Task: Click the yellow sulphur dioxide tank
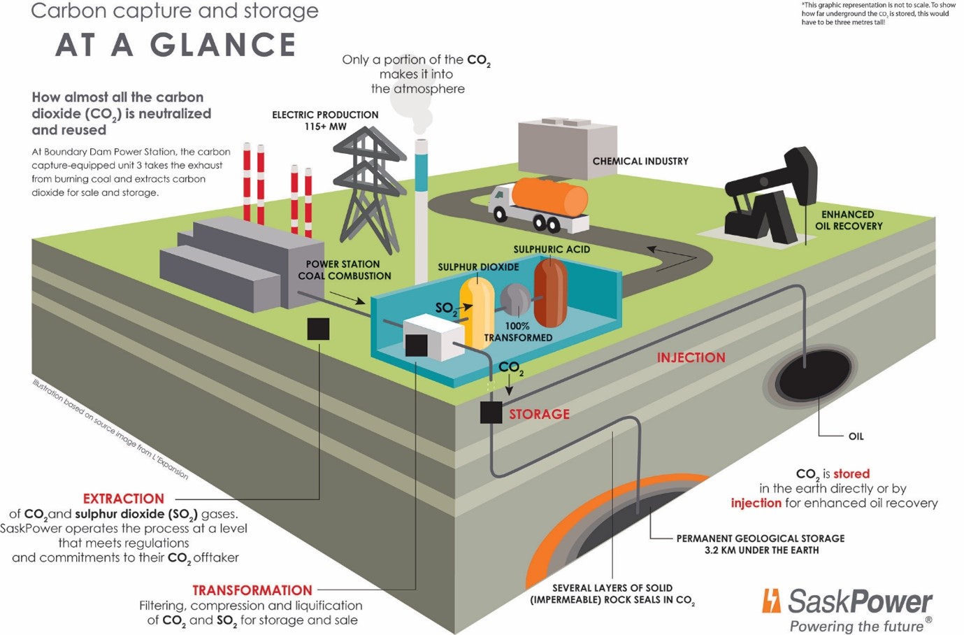coord(477,311)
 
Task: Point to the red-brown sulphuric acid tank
coord(550,292)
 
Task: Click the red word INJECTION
coord(691,357)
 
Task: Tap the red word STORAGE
coord(539,414)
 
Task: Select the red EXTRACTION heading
coord(123,499)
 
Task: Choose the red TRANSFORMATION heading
coord(252,590)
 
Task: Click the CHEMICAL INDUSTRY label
coord(640,161)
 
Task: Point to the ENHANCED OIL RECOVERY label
coord(848,220)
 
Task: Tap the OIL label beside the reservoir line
coord(856,436)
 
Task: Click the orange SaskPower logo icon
coord(771,601)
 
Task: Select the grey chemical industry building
coord(567,148)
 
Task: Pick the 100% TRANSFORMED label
coord(518,331)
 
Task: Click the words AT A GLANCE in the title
coord(175,45)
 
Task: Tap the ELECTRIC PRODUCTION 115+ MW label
coord(325,120)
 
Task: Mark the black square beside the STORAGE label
coord(491,413)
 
